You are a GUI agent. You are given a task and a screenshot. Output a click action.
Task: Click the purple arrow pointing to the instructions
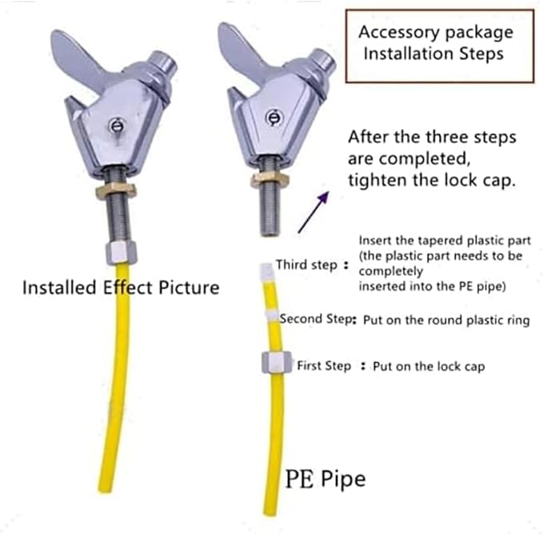pos(313,212)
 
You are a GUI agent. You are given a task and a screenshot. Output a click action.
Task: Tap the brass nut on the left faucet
pos(116,190)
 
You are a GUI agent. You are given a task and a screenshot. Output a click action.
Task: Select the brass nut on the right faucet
pos(270,178)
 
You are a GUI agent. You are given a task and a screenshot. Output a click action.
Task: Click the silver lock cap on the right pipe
pos(277,361)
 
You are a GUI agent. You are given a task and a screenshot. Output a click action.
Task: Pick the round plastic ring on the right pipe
pos(272,316)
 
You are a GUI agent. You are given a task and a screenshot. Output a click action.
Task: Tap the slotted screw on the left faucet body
pos(117,126)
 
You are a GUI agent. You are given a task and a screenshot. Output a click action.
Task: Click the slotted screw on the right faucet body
pos(274,118)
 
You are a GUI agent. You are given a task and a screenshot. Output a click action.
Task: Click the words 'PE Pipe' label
pos(325,478)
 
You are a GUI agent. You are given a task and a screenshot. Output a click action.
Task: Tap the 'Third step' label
pos(306,265)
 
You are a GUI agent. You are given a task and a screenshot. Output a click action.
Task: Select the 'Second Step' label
pos(316,319)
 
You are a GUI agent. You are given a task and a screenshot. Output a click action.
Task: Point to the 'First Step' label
pos(324,365)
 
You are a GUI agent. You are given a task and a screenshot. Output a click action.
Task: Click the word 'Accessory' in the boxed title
pos(398,33)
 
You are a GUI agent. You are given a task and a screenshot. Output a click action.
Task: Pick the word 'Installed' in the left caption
pos(59,287)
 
